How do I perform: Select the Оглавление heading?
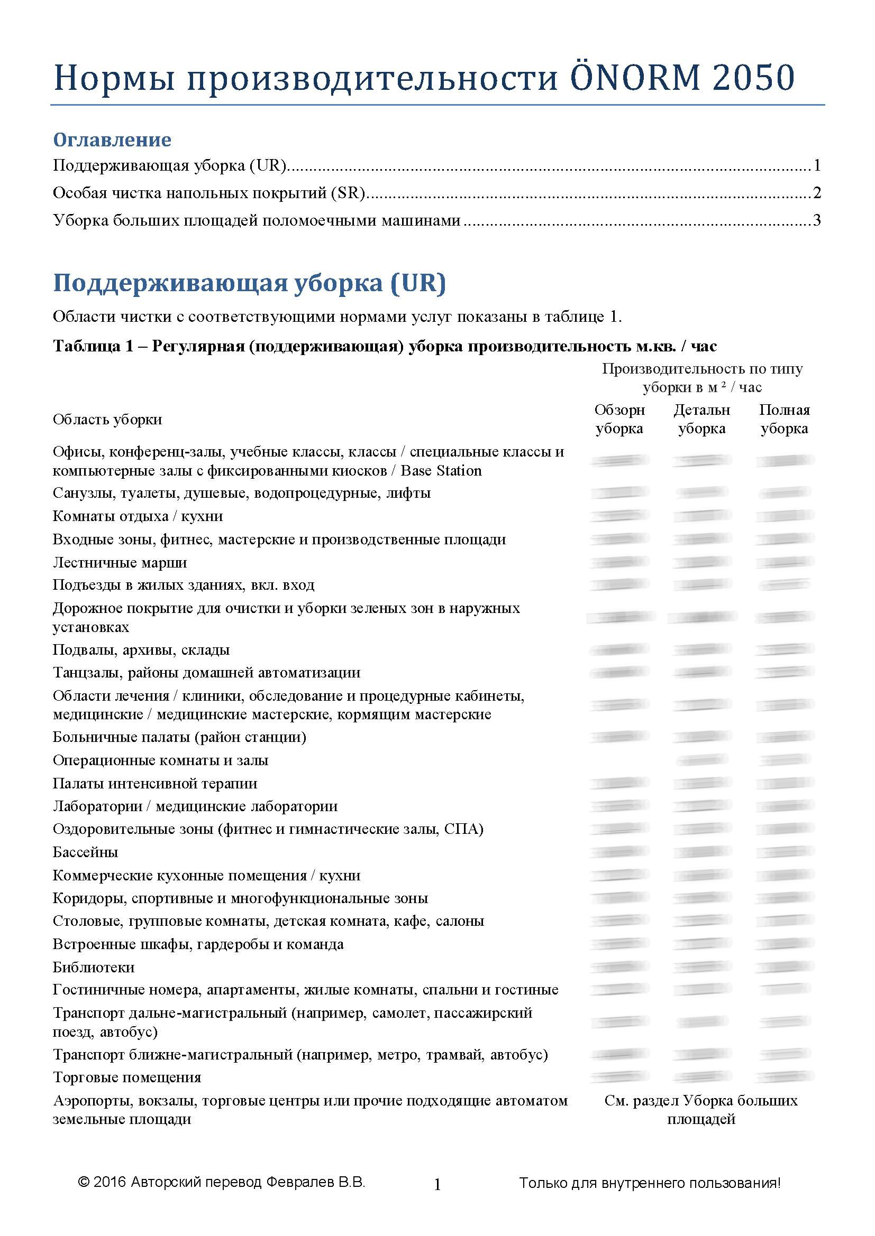[x=112, y=140]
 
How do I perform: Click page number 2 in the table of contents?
[x=817, y=193]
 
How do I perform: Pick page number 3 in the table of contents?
[x=817, y=220]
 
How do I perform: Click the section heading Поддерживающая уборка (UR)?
[x=250, y=283]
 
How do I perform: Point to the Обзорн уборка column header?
[x=619, y=420]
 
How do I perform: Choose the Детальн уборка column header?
[x=701, y=420]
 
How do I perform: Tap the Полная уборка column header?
[x=785, y=420]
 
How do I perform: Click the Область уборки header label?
[x=107, y=420]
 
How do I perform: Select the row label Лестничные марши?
[x=120, y=563]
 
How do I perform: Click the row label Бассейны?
[x=85, y=852]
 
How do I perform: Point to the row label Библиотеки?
[x=94, y=968]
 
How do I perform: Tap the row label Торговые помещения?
[x=127, y=1077]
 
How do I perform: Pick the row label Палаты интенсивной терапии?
[x=155, y=784]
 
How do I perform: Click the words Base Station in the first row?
[x=441, y=471]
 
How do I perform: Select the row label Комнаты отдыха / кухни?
[x=138, y=516]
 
